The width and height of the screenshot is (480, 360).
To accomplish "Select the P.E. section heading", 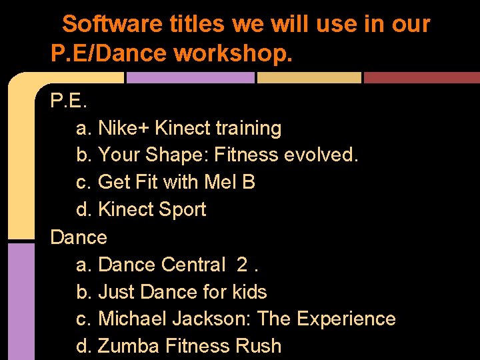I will pyautogui.click(x=69, y=101).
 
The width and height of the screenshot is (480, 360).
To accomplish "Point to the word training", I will pyautogui.click(x=247, y=127).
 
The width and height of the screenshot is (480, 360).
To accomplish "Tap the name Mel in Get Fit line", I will pyautogui.click(x=221, y=182).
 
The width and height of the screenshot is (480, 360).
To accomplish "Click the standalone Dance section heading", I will pyautogui.click(x=79, y=237).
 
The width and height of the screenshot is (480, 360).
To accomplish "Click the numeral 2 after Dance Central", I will pyautogui.click(x=243, y=265).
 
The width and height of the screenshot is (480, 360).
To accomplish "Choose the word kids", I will pyautogui.click(x=249, y=292).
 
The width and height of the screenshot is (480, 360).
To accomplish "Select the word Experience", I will pyautogui.click(x=346, y=319).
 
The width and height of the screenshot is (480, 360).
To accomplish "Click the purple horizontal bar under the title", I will pyautogui.click(x=191, y=77).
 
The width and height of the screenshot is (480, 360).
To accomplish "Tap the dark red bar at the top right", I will pyautogui.click(x=421, y=77).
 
